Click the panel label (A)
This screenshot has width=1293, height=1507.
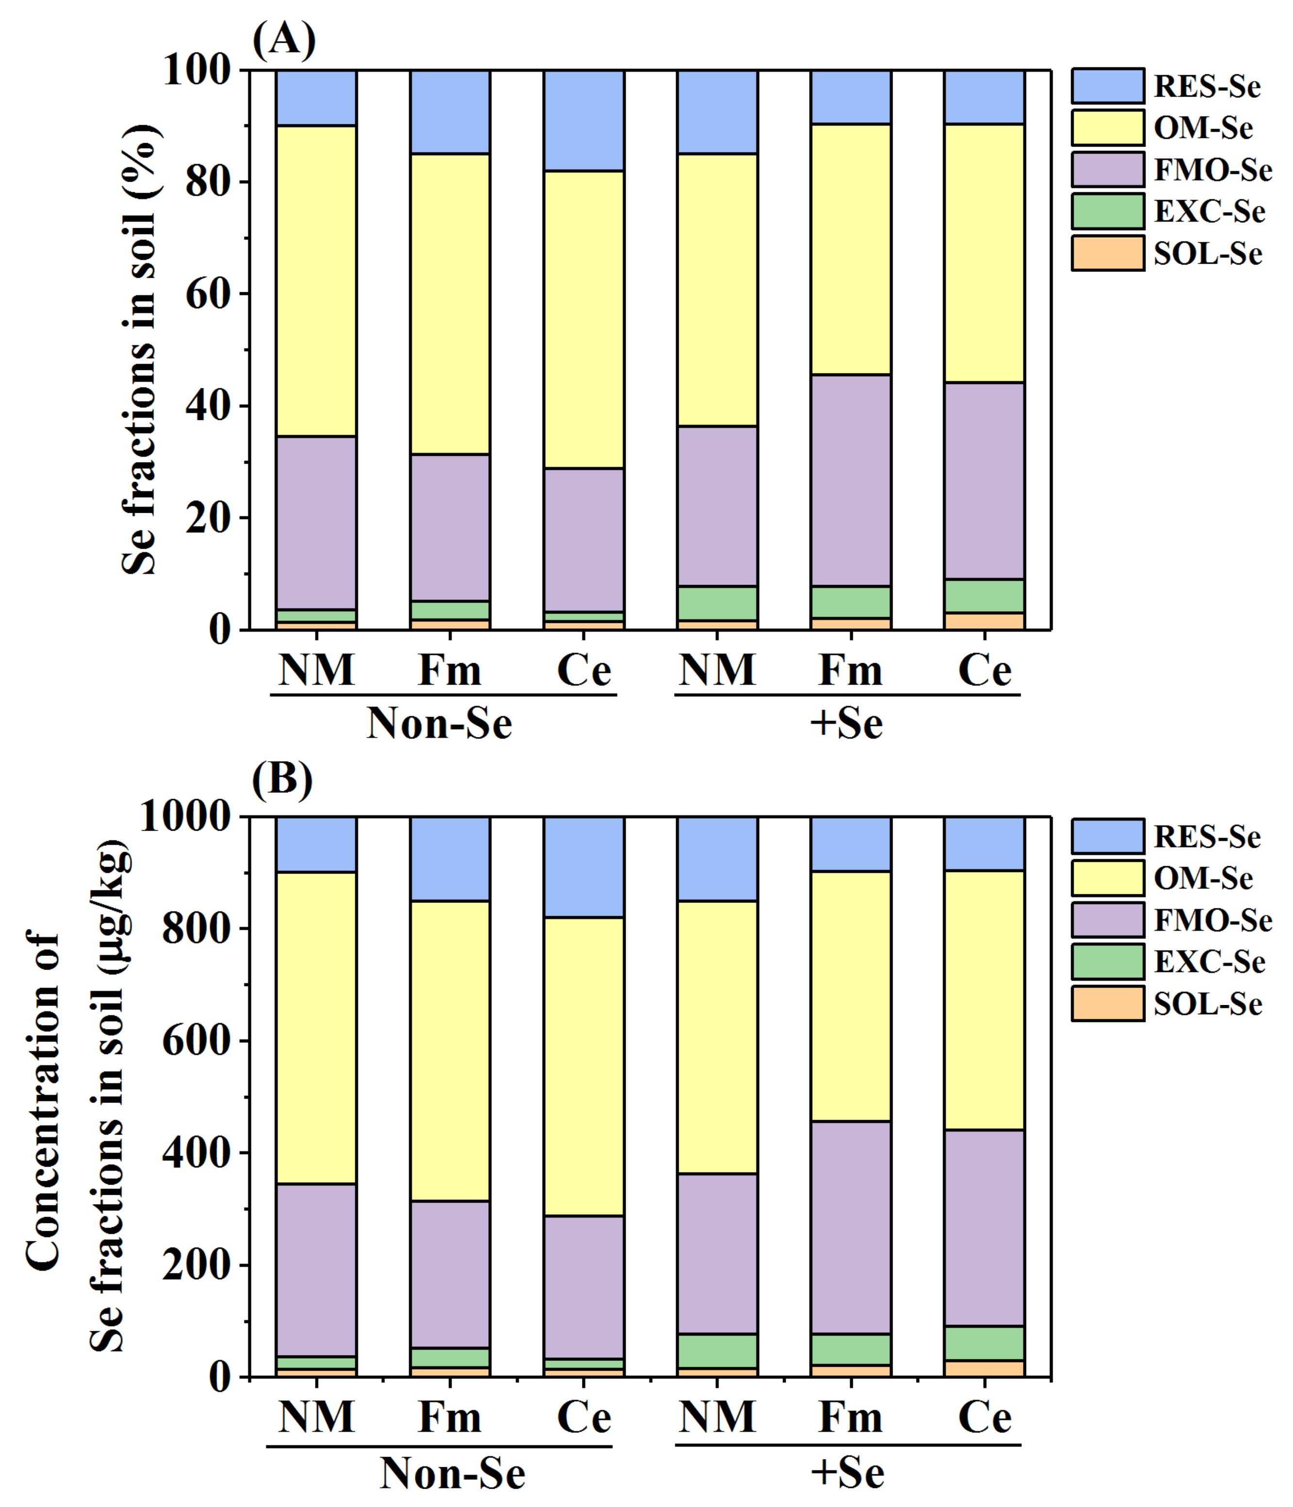[x=283, y=40]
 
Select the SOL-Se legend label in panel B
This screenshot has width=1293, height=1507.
[x=1207, y=1005]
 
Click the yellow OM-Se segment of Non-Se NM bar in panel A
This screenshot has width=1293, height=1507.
[x=316, y=280]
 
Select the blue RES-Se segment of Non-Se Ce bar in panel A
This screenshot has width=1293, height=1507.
[x=584, y=120]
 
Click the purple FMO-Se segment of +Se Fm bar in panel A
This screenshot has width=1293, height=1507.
[x=851, y=480]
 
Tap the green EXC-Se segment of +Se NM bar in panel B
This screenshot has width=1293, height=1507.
[x=717, y=1351]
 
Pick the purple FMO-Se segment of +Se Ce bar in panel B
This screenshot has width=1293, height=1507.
[x=984, y=1229]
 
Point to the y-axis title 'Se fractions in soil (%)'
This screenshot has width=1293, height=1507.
[x=140, y=349]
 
